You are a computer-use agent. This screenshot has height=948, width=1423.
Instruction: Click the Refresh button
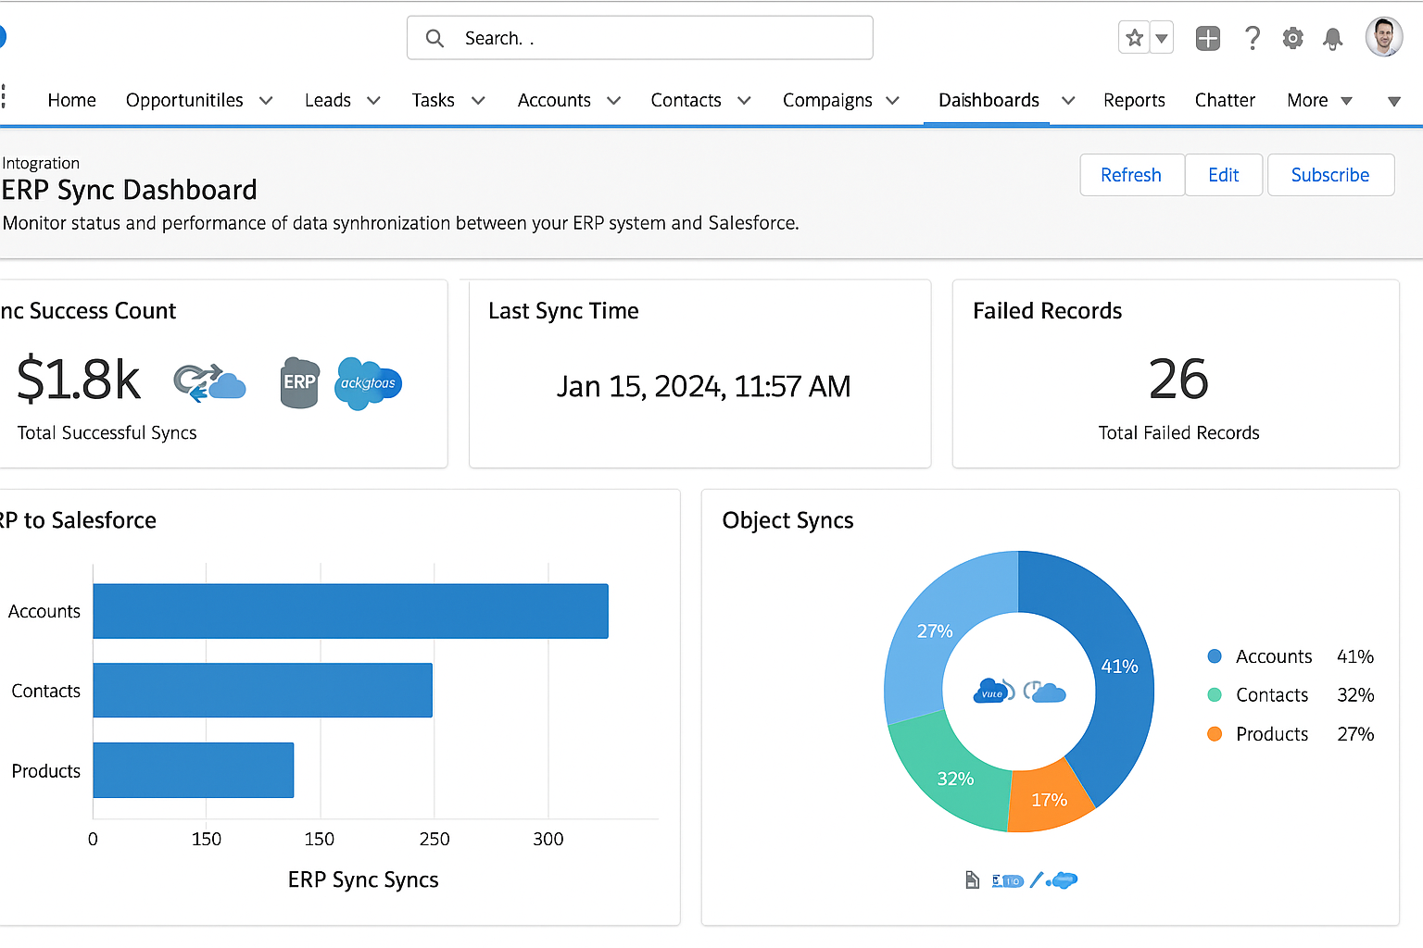pyautogui.click(x=1131, y=175)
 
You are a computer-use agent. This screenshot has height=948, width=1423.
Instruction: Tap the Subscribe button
pyautogui.click(x=1329, y=175)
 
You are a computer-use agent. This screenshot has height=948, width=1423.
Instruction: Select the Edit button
pyautogui.click(x=1223, y=175)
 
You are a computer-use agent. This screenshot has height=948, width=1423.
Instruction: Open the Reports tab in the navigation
pyautogui.click(x=1134, y=100)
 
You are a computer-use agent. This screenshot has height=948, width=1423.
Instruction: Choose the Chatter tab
pyautogui.click(x=1225, y=100)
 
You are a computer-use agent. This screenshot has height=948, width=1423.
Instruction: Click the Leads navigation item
pyautogui.click(x=328, y=100)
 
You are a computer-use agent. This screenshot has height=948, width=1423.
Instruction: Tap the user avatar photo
pyautogui.click(x=1383, y=37)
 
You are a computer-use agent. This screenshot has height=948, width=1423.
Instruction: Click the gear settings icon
pyautogui.click(x=1292, y=38)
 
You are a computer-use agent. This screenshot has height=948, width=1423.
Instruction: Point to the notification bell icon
pyautogui.click(x=1333, y=38)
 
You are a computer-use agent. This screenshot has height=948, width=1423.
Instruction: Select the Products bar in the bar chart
pyautogui.click(x=193, y=770)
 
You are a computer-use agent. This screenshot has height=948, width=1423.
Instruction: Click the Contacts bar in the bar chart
pyautogui.click(x=262, y=691)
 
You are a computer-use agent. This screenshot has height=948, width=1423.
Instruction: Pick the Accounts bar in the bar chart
pyautogui.click(x=350, y=611)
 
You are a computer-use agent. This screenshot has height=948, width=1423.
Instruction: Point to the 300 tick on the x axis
pyautogui.click(x=548, y=839)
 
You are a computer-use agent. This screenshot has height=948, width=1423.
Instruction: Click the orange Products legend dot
pyautogui.click(x=1215, y=734)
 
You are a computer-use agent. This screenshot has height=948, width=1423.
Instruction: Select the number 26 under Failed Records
pyautogui.click(x=1178, y=380)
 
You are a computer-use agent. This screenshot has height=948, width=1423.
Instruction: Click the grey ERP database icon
pyautogui.click(x=299, y=382)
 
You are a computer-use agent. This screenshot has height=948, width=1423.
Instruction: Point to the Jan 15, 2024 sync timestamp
pyautogui.click(x=703, y=386)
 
